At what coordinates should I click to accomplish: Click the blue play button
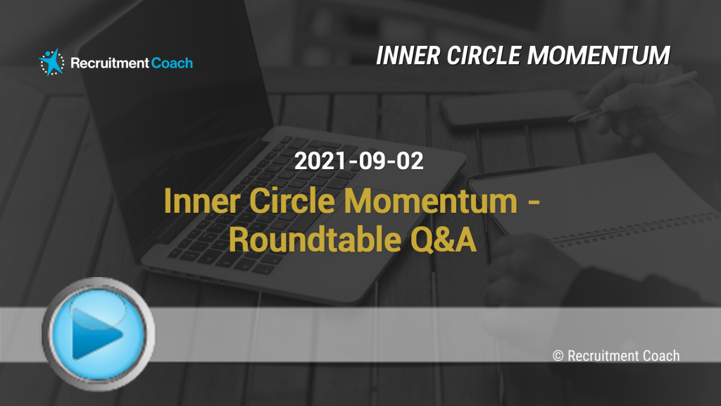coord(99,333)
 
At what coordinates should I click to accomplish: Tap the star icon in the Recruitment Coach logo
coord(52,62)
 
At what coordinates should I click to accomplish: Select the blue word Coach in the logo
coord(172,63)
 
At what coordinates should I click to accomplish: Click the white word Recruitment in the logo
coord(109,63)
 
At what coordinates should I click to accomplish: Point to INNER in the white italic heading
coord(408,56)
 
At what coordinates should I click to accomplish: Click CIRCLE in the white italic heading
coord(483,56)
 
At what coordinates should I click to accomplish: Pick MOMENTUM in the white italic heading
coord(598,56)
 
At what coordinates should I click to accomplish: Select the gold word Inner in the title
coord(201,201)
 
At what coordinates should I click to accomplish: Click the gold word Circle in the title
coord(292,201)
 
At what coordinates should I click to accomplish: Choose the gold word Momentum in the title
coord(431,201)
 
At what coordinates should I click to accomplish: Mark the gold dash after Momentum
coord(534,202)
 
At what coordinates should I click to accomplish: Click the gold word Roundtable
coord(315,240)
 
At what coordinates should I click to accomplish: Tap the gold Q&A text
coord(444,240)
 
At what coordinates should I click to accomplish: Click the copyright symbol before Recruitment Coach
coord(558,356)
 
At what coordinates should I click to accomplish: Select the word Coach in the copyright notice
coord(660,356)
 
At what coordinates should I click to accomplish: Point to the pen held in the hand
coord(632,96)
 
